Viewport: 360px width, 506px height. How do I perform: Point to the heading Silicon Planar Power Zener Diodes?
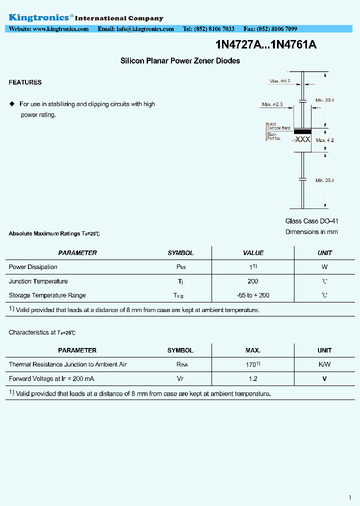point(180,61)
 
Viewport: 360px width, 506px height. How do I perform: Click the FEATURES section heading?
point(25,82)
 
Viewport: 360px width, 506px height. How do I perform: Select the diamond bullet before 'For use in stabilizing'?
point(12,104)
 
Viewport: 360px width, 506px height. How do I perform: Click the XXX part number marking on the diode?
point(302,140)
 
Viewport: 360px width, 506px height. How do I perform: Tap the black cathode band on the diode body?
point(302,131)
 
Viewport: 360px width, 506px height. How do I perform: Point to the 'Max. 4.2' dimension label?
point(325,140)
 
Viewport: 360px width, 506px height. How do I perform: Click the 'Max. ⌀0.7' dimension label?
point(280,81)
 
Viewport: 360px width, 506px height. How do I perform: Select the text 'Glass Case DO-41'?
point(311,221)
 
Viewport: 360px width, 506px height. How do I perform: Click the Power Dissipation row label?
point(33,267)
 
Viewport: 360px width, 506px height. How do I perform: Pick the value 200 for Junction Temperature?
point(253,281)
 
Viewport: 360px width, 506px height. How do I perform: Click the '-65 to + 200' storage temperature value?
point(253,295)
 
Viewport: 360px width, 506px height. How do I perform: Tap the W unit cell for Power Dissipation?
point(324,267)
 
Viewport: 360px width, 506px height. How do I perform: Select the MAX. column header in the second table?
point(253,350)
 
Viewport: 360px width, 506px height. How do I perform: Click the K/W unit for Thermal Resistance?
point(324,364)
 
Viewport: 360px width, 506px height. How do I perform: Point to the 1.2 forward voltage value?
point(253,379)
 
